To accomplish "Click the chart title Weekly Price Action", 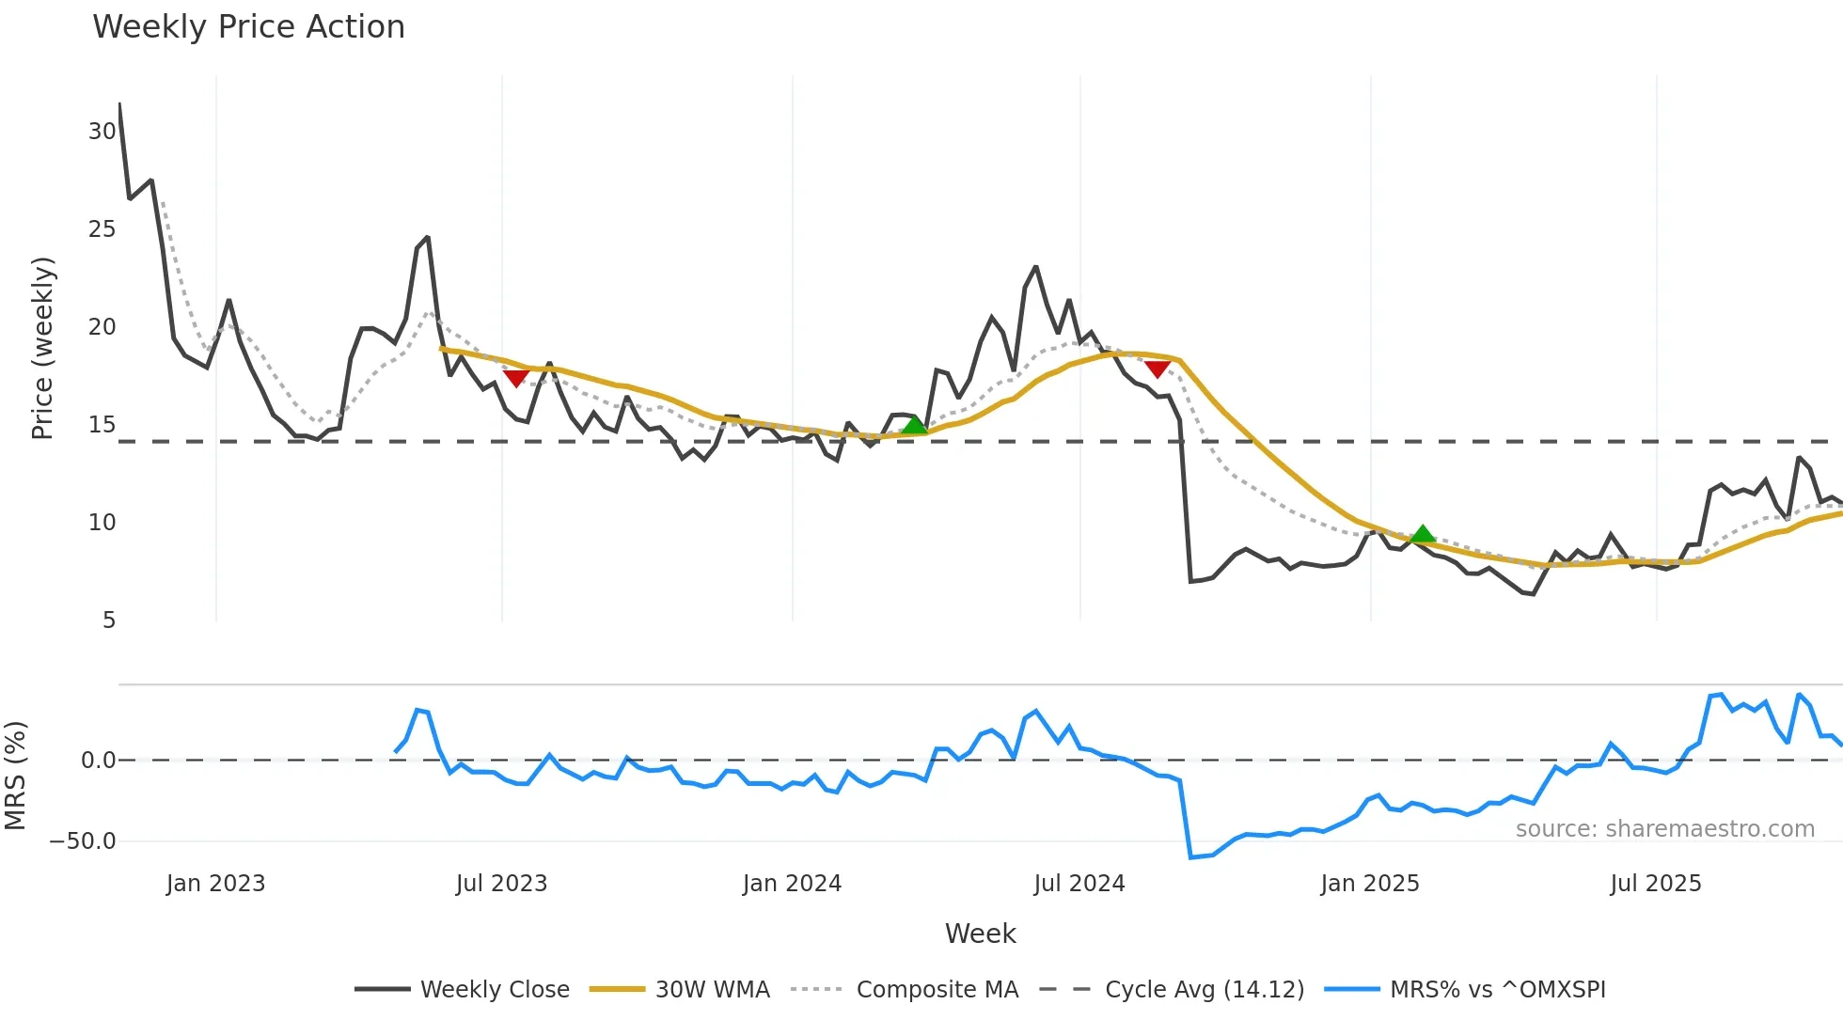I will click(x=248, y=27).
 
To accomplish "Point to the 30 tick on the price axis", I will click(x=102, y=132).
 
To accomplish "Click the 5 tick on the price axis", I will click(x=109, y=620).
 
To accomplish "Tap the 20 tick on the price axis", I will click(x=102, y=327).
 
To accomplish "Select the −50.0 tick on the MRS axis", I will click(x=83, y=841).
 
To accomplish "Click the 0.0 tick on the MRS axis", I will click(x=98, y=761).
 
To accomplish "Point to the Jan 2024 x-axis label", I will click(x=792, y=884).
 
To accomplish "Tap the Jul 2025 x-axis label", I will click(x=1655, y=884).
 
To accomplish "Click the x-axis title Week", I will click(x=980, y=934).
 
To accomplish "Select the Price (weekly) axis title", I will click(x=42, y=348).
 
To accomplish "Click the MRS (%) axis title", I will click(x=15, y=776).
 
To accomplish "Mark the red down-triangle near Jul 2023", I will click(x=515, y=378).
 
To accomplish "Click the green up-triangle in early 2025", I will click(x=1423, y=535).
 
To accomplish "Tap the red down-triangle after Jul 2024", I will click(x=1158, y=369).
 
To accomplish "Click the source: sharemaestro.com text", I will click(x=1664, y=829).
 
